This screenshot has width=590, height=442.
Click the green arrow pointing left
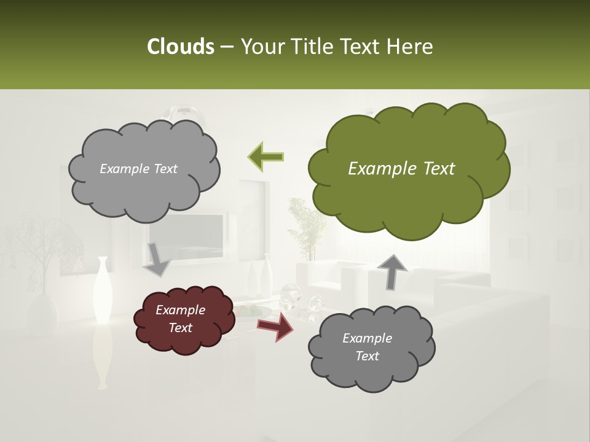coord(265,156)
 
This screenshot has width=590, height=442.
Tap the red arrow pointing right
coord(275,327)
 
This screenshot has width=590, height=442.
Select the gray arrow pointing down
coord(157,258)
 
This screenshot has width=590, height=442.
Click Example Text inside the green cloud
coord(401,169)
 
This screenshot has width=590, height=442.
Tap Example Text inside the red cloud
coord(180,319)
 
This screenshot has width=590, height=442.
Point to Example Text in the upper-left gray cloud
coord(138,169)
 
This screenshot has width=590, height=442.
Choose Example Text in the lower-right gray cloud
coord(367,347)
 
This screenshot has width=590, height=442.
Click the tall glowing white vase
coord(101,289)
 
